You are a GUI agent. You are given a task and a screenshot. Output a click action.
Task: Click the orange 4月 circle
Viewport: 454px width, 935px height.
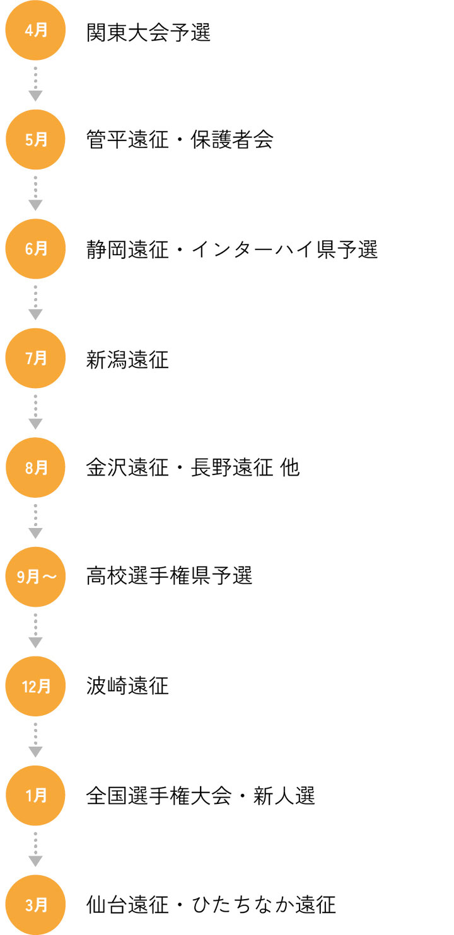point(36,30)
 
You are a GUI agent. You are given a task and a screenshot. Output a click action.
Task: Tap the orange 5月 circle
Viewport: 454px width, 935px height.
point(36,139)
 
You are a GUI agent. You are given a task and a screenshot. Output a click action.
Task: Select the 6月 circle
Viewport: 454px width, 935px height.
point(36,249)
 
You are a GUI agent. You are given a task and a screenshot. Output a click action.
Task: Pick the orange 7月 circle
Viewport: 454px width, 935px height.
point(36,359)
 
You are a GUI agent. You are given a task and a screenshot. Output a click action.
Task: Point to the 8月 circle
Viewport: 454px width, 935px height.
point(36,467)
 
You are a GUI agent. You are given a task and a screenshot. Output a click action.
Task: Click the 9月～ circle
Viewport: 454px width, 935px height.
point(36,576)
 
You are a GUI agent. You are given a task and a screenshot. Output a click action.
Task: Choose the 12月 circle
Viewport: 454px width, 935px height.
point(36,686)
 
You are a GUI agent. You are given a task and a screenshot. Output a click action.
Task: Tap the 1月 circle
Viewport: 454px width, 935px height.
point(36,796)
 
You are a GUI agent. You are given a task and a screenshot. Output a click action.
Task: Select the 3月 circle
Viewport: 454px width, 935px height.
point(36,905)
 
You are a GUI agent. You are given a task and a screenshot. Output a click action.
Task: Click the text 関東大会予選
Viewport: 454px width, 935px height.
point(148,32)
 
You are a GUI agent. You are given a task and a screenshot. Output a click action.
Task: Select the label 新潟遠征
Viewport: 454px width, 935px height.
point(127,359)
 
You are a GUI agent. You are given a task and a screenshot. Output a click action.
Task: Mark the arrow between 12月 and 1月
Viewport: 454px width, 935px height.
point(36,740)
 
